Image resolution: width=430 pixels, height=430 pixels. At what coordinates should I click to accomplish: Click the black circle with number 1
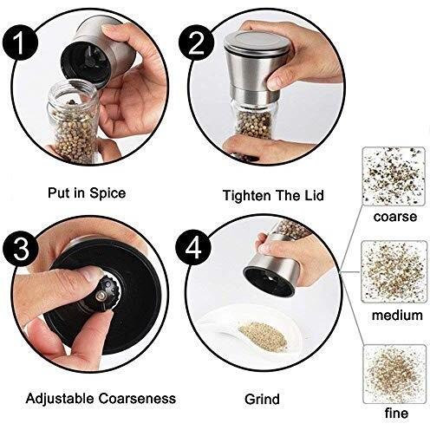[21, 42]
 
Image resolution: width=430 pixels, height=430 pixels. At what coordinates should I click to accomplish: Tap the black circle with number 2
[197, 42]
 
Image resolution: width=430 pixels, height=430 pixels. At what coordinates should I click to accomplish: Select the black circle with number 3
[21, 248]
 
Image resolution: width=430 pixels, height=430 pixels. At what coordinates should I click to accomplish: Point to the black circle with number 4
[193, 247]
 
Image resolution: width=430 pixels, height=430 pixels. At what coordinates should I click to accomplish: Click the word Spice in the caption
[107, 193]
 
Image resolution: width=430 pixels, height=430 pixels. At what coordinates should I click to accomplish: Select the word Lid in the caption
[313, 195]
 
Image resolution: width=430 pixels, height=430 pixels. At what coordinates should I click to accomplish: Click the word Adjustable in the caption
[60, 399]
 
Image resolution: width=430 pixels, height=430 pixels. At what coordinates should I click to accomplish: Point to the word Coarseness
[137, 399]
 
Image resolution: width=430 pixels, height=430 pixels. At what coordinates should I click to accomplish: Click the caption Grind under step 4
[262, 399]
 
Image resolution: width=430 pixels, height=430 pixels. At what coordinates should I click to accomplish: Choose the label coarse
[395, 217]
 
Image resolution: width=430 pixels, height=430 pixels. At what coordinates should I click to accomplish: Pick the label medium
[397, 315]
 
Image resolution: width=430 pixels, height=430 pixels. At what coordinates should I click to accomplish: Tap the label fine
[396, 413]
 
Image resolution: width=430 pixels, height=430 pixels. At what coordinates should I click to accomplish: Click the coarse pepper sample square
[394, 176]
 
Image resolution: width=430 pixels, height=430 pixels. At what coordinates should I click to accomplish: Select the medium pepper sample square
[394, 272]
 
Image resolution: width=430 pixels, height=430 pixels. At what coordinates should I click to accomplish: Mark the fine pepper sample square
[394, 374]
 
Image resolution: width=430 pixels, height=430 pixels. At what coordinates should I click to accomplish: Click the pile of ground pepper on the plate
[263, 336]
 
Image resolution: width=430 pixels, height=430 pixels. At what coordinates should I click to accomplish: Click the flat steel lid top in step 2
[257, 44]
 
